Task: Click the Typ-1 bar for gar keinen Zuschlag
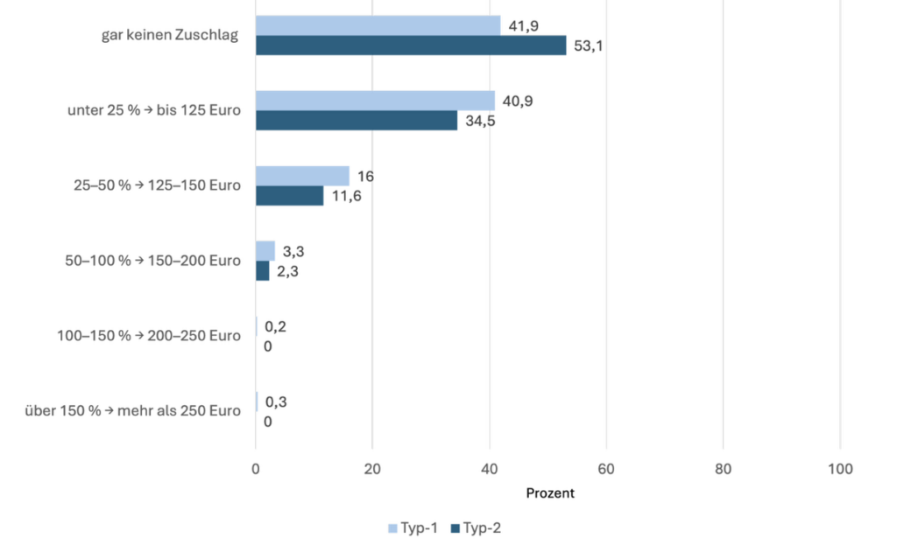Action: tap(378, 25)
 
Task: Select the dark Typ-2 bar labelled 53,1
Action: tap(411, 45)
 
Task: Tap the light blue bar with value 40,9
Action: tap(375, 101)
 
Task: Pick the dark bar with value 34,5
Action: tap(357, 121)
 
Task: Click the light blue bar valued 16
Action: tap(302, 176)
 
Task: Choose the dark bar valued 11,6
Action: tap(289, 196)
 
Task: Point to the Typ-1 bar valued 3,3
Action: tap(265, 251)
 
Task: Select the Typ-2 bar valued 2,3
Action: tap(262, 271)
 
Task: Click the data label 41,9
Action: tap(519, 25)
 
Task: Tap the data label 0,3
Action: tap(276, 402)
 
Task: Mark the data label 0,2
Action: tap(276, 327)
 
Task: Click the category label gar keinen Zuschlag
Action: tap(170, 36)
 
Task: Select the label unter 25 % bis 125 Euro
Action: tap(154, 111)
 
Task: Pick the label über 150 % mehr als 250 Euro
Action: tap(132, 411)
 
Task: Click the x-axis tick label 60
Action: tap(606, 468)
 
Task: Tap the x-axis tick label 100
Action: tap(839, 468)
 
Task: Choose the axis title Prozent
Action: tap(550, 493)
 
